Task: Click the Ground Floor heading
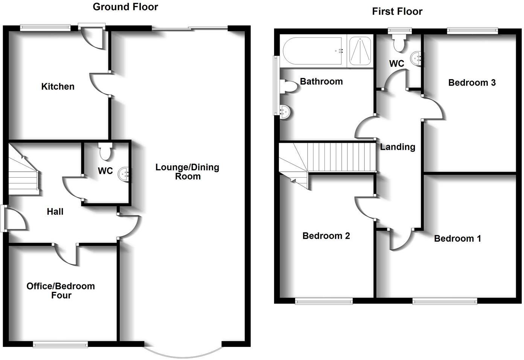125,7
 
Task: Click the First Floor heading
397,11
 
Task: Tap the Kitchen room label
58,87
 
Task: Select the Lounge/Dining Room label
187,172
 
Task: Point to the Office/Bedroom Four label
61,290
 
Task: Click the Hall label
55,212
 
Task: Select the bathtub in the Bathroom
312,50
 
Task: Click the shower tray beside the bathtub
360,50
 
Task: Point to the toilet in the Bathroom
289,86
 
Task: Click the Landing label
398,147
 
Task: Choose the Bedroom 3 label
472,82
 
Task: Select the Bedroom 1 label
457,238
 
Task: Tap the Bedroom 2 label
326,236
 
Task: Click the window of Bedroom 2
324,301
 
